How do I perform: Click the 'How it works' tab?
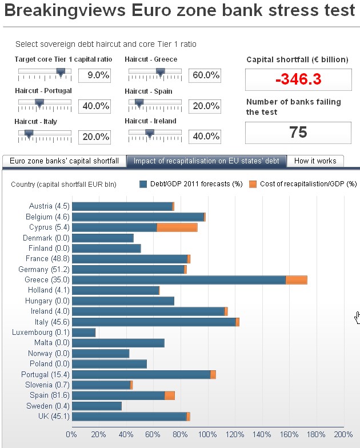tap(315, 161)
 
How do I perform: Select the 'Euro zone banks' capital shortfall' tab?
tap(64, 161)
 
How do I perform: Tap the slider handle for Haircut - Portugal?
tap(39, 103)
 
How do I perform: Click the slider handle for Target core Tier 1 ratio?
tap(61, 72)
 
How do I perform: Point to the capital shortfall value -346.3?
tap(298, 79)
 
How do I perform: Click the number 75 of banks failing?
tap(298, 133)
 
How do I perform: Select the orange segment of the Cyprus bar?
tap(177, 227)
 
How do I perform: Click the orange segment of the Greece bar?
tap(296, 280)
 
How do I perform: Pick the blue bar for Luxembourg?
tap(83, 333)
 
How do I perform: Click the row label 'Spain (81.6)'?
tap(50, 395)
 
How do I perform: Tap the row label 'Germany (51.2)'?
tap(49, 270)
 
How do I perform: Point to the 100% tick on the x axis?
tap(207, 434)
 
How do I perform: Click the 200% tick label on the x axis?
tap(343, 434)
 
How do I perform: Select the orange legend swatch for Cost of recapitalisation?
tap(253, 184)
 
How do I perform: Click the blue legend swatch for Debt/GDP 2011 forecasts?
tap(143, 184)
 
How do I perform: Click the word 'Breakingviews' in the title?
tap(62, 11)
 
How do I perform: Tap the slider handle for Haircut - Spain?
tap(138, 103)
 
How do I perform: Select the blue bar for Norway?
tap(101, 354)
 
